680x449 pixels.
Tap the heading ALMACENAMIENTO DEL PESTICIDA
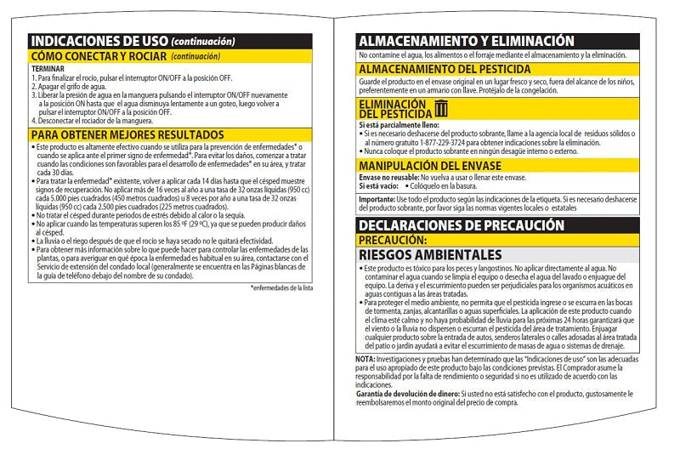(x=445, y=69)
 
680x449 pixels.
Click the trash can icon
(x=440, y=107)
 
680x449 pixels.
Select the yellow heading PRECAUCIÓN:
(x=392, y=240)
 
